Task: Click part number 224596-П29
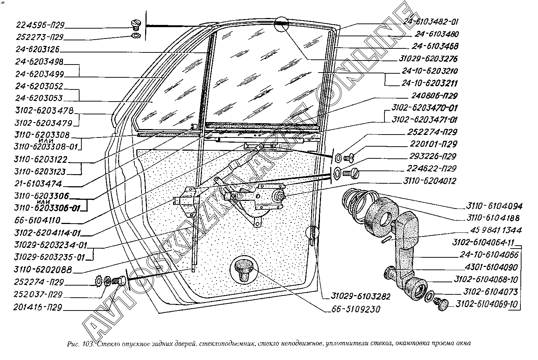[x=40, y=25]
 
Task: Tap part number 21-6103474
[x=38, y=184]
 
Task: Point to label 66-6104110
[x=38, y=220]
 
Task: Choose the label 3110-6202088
[x=43, y=270]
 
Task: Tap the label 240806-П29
[x=432, y=96]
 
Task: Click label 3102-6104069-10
[x=486, y=304]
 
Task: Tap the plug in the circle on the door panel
[x=244, y=269]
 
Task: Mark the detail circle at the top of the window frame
[x=281, y=24]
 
